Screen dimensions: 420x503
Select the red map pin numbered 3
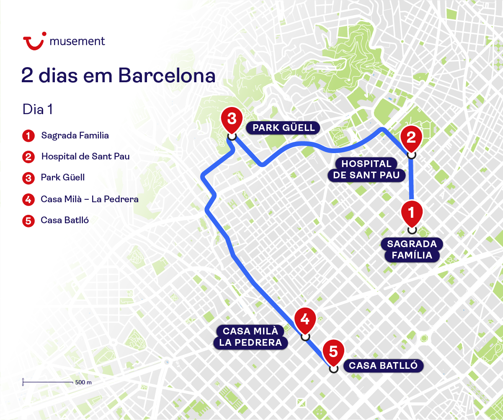click(232, 119)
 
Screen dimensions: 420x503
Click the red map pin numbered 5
click(333, 352)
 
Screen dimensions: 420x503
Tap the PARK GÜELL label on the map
click(284, 128)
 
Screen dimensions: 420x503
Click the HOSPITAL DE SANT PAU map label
click(366, 170)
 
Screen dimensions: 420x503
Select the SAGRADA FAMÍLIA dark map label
click(412, 250)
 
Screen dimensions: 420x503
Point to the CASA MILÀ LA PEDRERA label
click(250, 337)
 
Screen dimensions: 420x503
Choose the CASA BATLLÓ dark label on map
click(383, 366)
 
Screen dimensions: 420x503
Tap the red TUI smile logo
click(34, 42)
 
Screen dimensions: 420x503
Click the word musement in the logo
click(77, 41)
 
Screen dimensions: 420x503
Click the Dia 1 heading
click(38, 110)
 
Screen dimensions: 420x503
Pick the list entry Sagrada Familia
click(75, 136)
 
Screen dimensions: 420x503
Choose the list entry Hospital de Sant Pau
click(85, 157)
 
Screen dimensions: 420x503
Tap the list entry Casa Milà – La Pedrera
click(90, 199)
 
